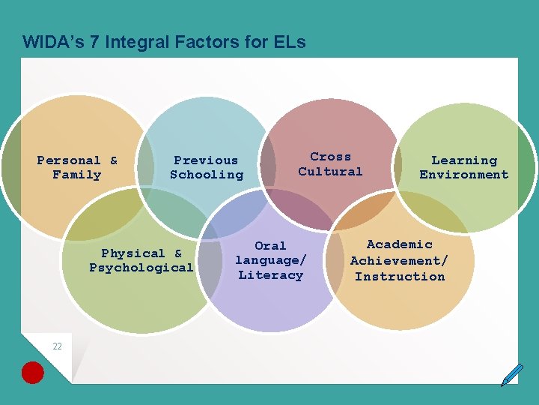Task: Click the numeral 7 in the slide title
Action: tap(94, 42)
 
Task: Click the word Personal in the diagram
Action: tap(69, 160)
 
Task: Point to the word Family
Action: tap(76, 175)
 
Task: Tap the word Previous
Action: tap(206, 160)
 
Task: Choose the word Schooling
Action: tap(207, 175)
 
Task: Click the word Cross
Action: tap(330, 156)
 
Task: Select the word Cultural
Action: tap(330, 171)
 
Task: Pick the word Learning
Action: tap(464, 160)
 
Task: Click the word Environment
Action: tap(464, 175)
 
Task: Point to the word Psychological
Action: tap(141, 268)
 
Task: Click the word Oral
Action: tap(270, 245)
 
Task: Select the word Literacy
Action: tap(270, 275)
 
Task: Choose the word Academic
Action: tap(400, 244)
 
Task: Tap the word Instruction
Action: tap(400, 276)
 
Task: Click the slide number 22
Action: tap(57, 346)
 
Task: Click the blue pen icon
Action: tap(512, 374)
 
